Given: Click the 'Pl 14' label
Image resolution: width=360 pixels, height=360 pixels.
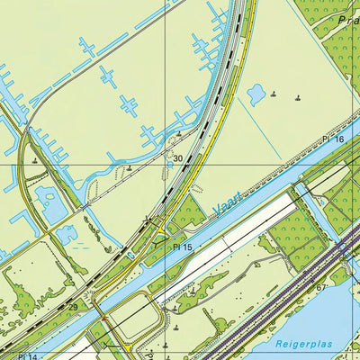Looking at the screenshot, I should pyautogui.click(x=24, y=357).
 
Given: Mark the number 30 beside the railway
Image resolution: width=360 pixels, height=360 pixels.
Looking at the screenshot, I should pyautogui.click(x=178, y=158).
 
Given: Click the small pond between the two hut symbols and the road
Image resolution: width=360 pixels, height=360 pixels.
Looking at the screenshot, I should pyautogui.click(x=256, y=93).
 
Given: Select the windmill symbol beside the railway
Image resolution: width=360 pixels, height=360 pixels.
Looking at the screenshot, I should pyautogui.click(x=149, y=218).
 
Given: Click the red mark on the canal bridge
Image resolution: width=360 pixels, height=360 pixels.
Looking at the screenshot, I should pyautogui.click(x=103, y=318).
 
